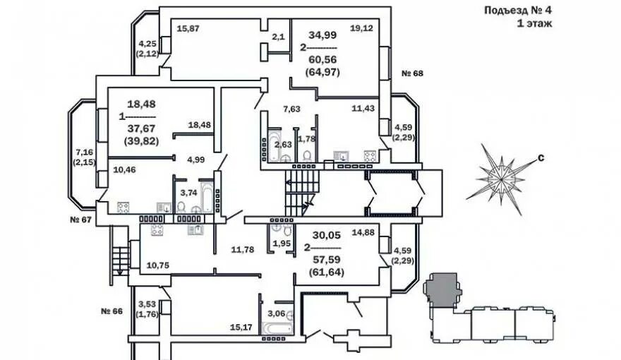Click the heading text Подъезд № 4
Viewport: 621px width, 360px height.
(517, 10)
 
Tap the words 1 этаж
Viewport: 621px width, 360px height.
(534, 23)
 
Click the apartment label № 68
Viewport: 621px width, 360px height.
(411, 73)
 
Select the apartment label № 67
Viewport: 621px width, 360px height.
(82, 220)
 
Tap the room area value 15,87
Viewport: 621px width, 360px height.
(188, 28)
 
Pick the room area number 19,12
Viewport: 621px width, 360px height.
(361, 28)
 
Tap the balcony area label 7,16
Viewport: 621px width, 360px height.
(85, 152)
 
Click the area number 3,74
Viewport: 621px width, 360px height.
(188, 192)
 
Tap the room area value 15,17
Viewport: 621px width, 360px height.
(241, 327)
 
